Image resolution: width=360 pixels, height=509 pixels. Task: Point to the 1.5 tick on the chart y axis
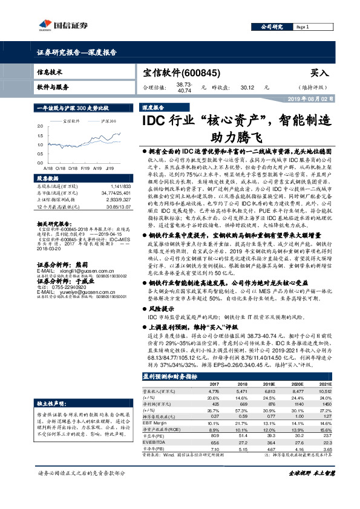(40, 135)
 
